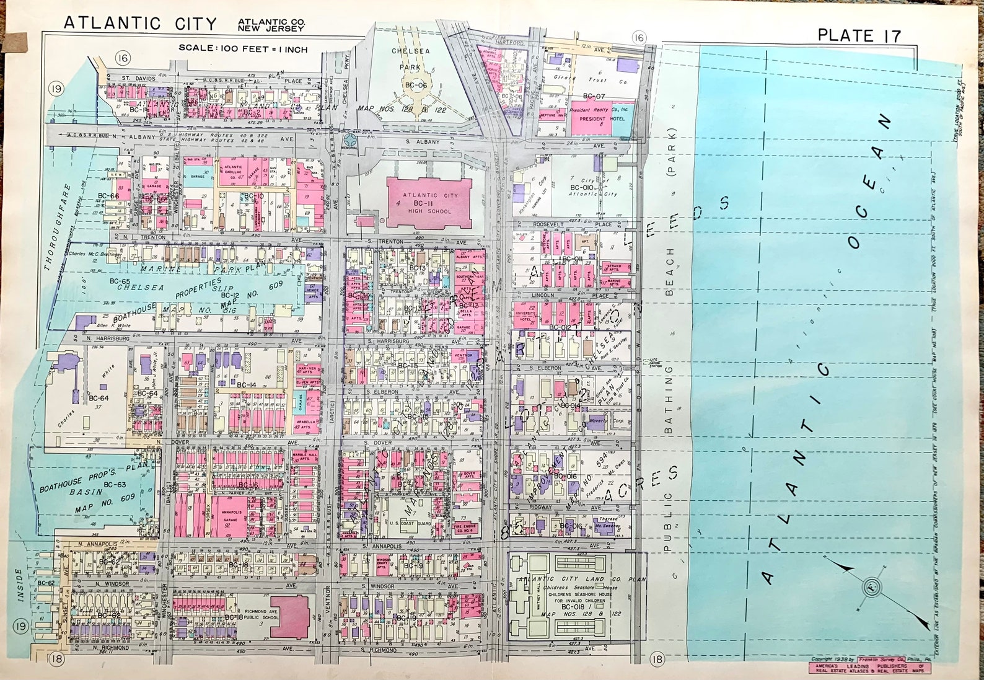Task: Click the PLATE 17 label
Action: (x=859, y=35)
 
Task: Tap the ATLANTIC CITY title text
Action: (x=141, y=24)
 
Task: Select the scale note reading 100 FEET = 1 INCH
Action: (x=243, y=48)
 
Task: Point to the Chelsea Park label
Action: (x=410, y=58)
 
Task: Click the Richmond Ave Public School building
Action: (x=289, y=616)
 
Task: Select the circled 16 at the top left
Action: (x=123, y=59)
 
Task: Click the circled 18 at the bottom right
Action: (x=657, y=659)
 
